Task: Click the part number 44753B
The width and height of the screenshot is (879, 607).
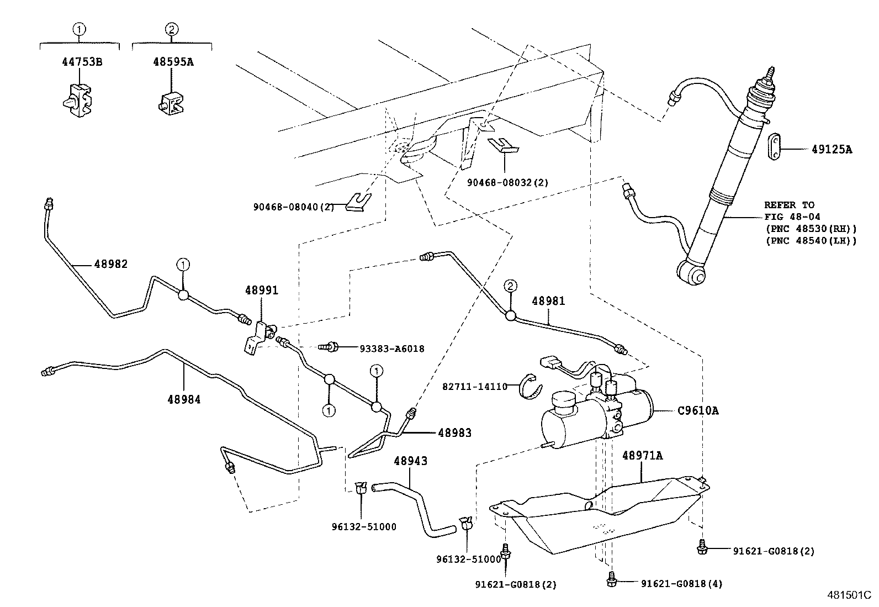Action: point(81,61)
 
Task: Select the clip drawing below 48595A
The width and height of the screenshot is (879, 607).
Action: point(172,103)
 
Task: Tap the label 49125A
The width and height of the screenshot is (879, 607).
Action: point(832,149)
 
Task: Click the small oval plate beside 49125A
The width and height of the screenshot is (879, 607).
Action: point(775,147)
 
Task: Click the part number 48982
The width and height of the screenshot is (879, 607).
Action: point(110,264)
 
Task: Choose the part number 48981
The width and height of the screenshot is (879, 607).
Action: point(548,301)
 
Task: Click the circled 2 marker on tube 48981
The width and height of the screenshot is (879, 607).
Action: point(511,286)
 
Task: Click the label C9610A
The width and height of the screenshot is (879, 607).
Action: point(698,410)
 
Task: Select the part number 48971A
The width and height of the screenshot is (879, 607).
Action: point(642,456)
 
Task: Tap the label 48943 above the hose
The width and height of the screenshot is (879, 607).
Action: point(410,461)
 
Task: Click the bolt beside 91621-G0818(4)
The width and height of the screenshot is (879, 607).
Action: point(611,578)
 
